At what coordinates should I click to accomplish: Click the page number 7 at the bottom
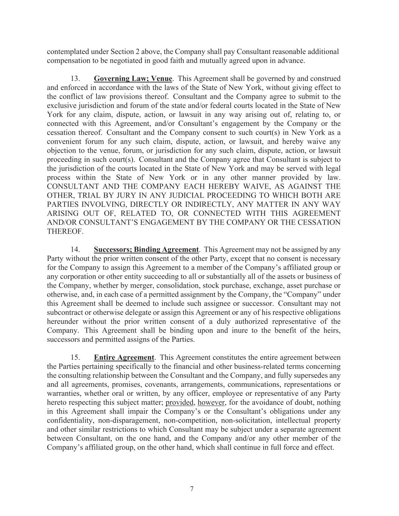coord(192,489)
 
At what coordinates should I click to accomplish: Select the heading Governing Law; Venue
coord(133,79)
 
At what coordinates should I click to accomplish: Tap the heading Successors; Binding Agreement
coord(146,249)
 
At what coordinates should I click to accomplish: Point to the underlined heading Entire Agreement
coord(124,357)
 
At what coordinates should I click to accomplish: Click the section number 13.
coord(75,79)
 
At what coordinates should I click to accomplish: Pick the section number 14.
coord(75,249)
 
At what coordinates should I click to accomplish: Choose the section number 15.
coord(75,357)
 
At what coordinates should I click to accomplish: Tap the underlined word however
coord(212,402)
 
